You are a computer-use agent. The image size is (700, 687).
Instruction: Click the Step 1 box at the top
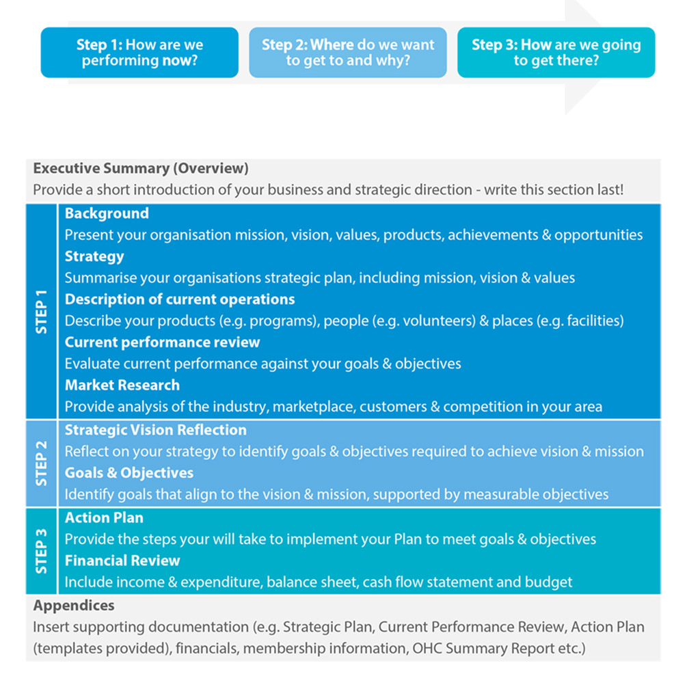tap(139, 53)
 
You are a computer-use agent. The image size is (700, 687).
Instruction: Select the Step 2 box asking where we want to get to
tap(348, 53)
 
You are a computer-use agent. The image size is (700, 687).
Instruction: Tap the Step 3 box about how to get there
tap(556, 53)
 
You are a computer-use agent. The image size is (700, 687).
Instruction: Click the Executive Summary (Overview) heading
tap(141, 168)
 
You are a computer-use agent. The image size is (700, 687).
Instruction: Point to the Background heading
tap(107, 213)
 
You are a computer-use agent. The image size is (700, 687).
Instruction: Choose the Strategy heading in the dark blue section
tap(94, 256)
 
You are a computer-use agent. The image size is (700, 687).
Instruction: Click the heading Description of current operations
tap(180, 299)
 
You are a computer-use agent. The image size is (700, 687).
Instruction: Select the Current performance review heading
tap(163, 342)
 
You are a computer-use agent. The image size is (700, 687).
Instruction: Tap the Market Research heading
tap(122, 385)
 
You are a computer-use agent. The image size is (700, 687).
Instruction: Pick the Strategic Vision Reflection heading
tap(156, 430)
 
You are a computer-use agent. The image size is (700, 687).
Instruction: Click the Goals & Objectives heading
tap(129, 472)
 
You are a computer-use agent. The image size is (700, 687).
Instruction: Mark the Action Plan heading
tap(104, 517)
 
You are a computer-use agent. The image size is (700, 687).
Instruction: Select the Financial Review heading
tap(122, 561)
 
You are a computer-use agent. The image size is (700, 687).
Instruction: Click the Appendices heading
tap(74, 606)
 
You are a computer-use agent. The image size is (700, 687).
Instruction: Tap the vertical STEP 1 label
tap(42, 312)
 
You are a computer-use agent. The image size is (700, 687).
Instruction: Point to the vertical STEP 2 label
tap(42, 463)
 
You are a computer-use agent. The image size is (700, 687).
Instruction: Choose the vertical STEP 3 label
tap(42, 550)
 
